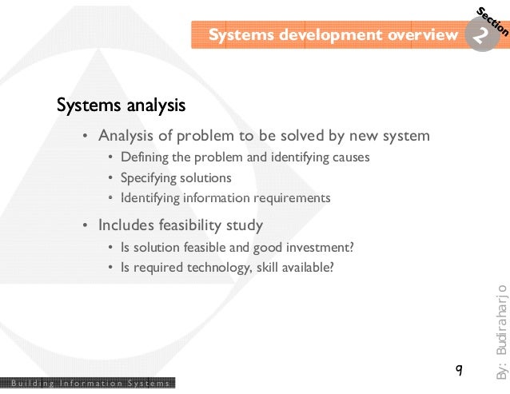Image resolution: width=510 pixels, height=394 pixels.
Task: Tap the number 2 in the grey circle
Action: click(x=480, y=36)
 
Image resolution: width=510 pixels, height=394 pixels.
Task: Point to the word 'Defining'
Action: click(x=141, y=157)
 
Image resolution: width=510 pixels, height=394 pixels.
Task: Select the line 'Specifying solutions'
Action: click(x=176, y=177)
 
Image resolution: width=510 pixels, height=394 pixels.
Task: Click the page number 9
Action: click(x=458, y=369)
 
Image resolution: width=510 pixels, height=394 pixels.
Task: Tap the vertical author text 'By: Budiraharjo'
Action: click(x=500, y=331)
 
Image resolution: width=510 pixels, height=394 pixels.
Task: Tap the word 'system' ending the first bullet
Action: click(x=407, y=136)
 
